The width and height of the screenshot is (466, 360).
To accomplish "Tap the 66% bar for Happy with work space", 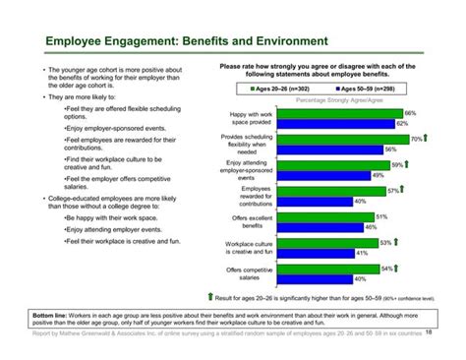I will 329,115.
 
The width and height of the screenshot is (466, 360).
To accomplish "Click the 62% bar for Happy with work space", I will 325,124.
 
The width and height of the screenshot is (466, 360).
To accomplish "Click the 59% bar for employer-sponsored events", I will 323,165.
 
